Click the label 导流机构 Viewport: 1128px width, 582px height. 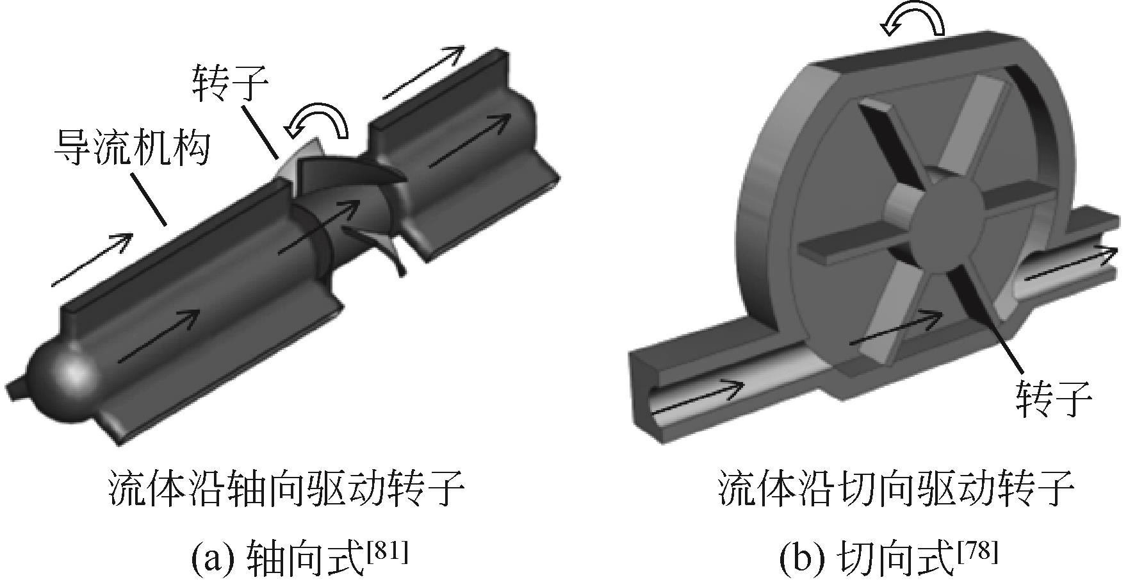(x=133, y=147)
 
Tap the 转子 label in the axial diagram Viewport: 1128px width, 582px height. (x=230, y=84)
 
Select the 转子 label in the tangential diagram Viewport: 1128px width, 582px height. (x=1053, y=398)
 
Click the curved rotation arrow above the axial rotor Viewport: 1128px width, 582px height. (x=318, y=123)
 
